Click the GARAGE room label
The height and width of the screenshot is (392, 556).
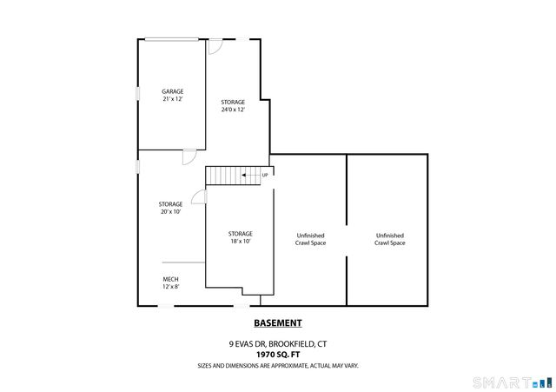[x=172, y=91]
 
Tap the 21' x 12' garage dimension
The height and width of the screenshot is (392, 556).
[x=172, y=99]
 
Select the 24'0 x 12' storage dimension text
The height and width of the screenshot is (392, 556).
[x=232, y=110]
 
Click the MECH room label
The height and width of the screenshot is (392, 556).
[x=170, y=279]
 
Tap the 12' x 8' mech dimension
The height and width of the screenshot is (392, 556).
[x=170, y=287]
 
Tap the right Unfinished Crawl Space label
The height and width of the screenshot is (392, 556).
[x=389, y=239]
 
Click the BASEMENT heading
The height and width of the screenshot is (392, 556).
[x=278, y=323]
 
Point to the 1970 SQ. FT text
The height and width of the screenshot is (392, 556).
[x=278, y=355]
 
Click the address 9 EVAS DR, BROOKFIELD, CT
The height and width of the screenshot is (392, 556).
[x=278, y=343]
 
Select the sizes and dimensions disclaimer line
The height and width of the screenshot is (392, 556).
[x=278, y=365]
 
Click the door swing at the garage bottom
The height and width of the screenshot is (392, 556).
[x=189, y=157]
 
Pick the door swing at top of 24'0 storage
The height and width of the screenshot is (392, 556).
[x=215, y=47]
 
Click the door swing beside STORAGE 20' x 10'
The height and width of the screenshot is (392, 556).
[x=199, y=197]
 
